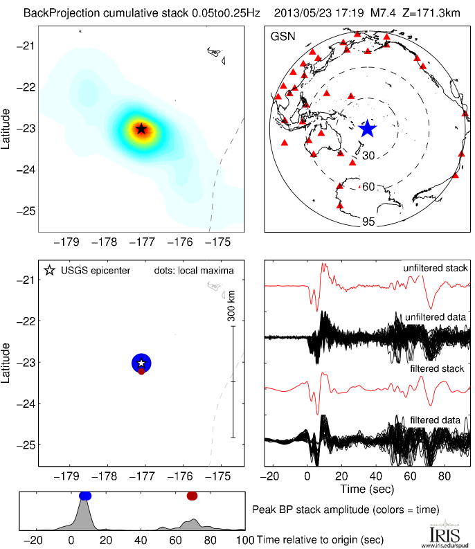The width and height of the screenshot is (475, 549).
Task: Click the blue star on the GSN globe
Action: (x=367, y=129)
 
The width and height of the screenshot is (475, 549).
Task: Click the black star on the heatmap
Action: (x=141, y=128)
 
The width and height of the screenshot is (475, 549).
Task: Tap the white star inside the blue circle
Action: (x=141, y=363)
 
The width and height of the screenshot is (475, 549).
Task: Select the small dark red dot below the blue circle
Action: (x=141, y=372)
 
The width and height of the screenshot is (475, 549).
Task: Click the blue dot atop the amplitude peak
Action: (x=85, y=496)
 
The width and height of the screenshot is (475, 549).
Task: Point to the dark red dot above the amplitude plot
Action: (x=192, y=496)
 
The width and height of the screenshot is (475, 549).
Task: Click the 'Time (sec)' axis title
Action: (x=368, y=489)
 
